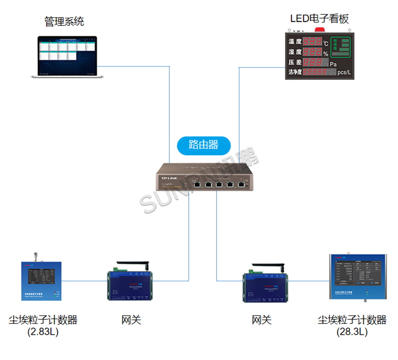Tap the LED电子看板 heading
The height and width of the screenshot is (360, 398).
[319, 19]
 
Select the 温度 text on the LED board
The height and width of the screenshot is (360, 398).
[295, 42]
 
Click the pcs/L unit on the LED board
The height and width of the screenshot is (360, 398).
[345, 72]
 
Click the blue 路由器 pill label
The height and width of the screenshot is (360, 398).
[204, 144]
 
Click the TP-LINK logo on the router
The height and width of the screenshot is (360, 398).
[169, 178]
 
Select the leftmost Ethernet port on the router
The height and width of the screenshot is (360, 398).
[197, 184]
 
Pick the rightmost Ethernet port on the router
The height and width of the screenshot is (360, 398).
[242, 184]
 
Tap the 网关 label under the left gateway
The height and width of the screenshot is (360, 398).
[131, 320]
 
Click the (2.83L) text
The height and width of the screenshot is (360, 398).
[43, 332]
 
